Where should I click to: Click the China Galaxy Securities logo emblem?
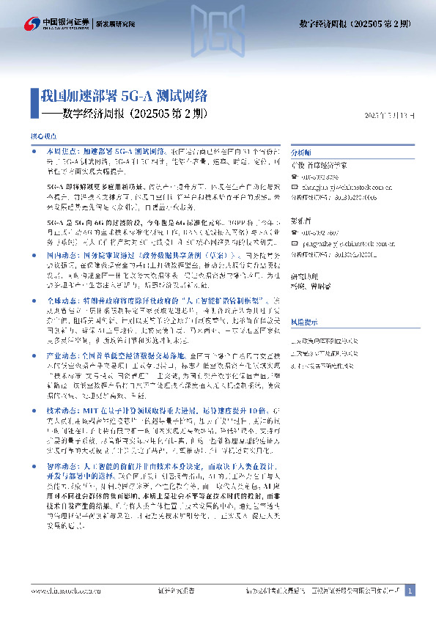[31, 23]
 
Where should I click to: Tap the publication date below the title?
[393, 116]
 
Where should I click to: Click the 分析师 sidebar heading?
[301, 153]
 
